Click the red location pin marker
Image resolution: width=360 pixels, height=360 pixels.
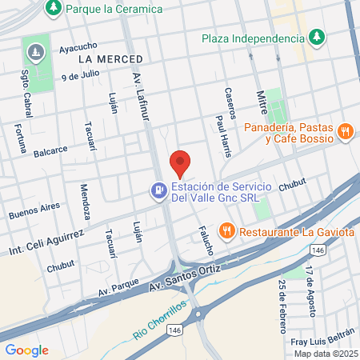[x=180, y=162]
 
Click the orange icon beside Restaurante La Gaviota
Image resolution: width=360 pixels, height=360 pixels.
[x=227, y=231]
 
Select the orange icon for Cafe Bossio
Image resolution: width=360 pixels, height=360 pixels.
[x=345, y=130]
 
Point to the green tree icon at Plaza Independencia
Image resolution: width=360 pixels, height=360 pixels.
[x=318, y=37]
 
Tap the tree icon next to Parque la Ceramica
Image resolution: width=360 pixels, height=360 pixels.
[x=54, y=8]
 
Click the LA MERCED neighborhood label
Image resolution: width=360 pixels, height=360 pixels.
[x=111, y=59]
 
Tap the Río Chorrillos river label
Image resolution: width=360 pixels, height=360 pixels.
[x=160, y=318]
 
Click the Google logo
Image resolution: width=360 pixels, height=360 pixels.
[x=26, y=350]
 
